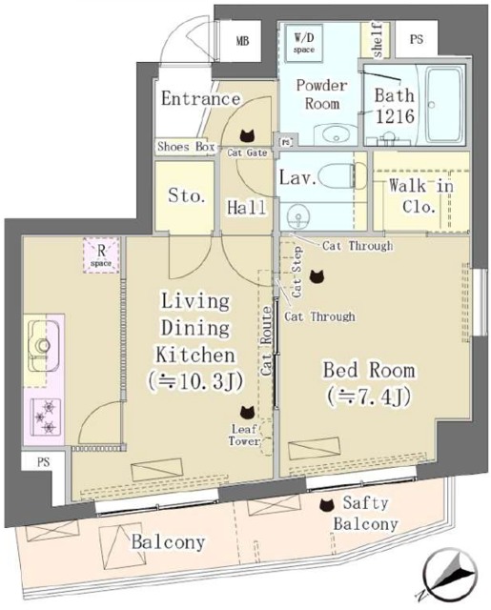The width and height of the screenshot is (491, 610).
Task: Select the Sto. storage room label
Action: [187, 196]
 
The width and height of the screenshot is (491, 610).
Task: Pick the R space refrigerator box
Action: [99, 256]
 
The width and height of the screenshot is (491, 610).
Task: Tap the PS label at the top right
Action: [417, 40]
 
